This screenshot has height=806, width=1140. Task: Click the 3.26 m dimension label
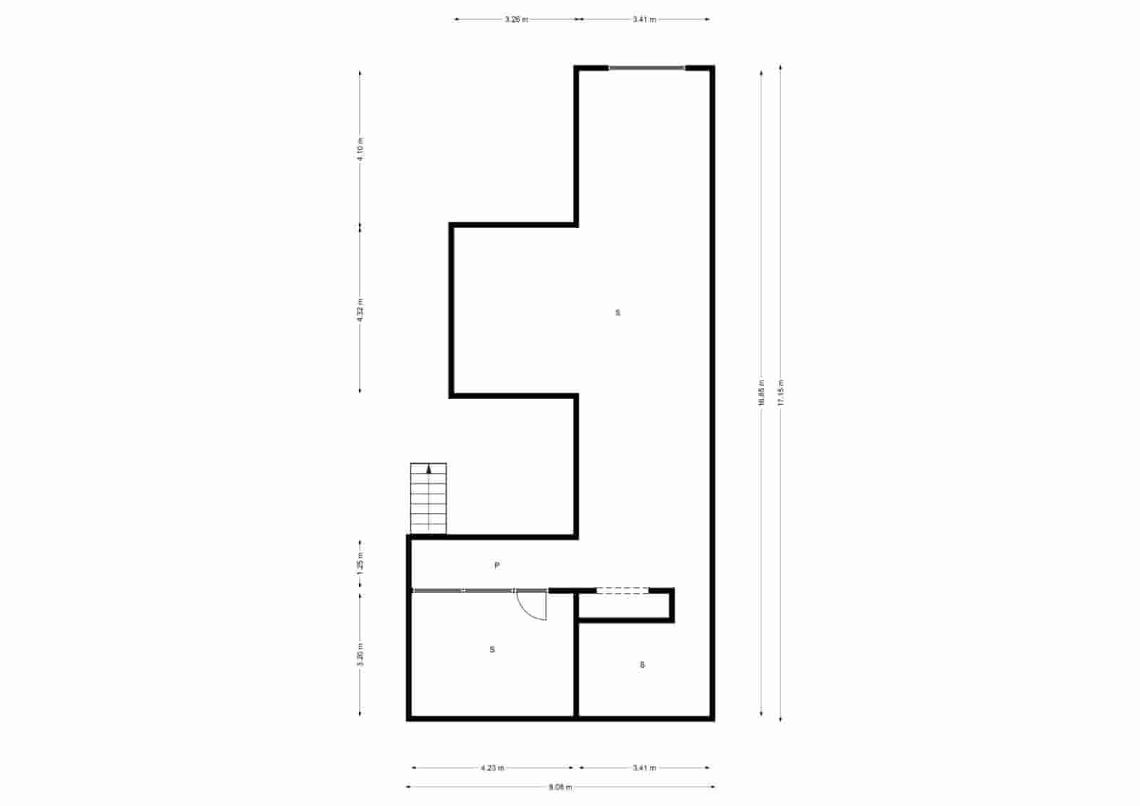(x=517, y=20)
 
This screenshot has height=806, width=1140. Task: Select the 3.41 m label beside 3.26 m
(x=644, y=20)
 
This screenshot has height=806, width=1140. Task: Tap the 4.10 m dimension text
(x=361, y=149)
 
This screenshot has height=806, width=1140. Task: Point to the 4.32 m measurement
(x=361, y=310)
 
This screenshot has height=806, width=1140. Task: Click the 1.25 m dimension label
(x=361, y=564)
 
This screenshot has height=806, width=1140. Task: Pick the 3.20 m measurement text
(x=361, y=654)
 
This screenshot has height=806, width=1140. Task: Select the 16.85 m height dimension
(x=762, y=393)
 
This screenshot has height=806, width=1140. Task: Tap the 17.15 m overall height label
(x=781, y=393)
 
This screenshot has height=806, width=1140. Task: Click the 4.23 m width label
(x=492, y=768)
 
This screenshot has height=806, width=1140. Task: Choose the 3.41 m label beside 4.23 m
(x=644, y=768)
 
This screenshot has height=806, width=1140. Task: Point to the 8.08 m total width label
(x=560, y=787)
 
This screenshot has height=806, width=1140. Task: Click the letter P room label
(x=497, y=565)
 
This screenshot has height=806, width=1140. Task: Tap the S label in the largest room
(x=618, y=313)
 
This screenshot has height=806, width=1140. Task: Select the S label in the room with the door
(x=492, y=650)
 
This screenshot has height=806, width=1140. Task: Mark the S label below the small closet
(x=643, y=665)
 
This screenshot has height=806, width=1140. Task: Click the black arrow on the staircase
(x=429, y=469)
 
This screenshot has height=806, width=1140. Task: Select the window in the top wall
(x=646, y=68)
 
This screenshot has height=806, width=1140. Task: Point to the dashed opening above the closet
(x=622, y=590)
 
